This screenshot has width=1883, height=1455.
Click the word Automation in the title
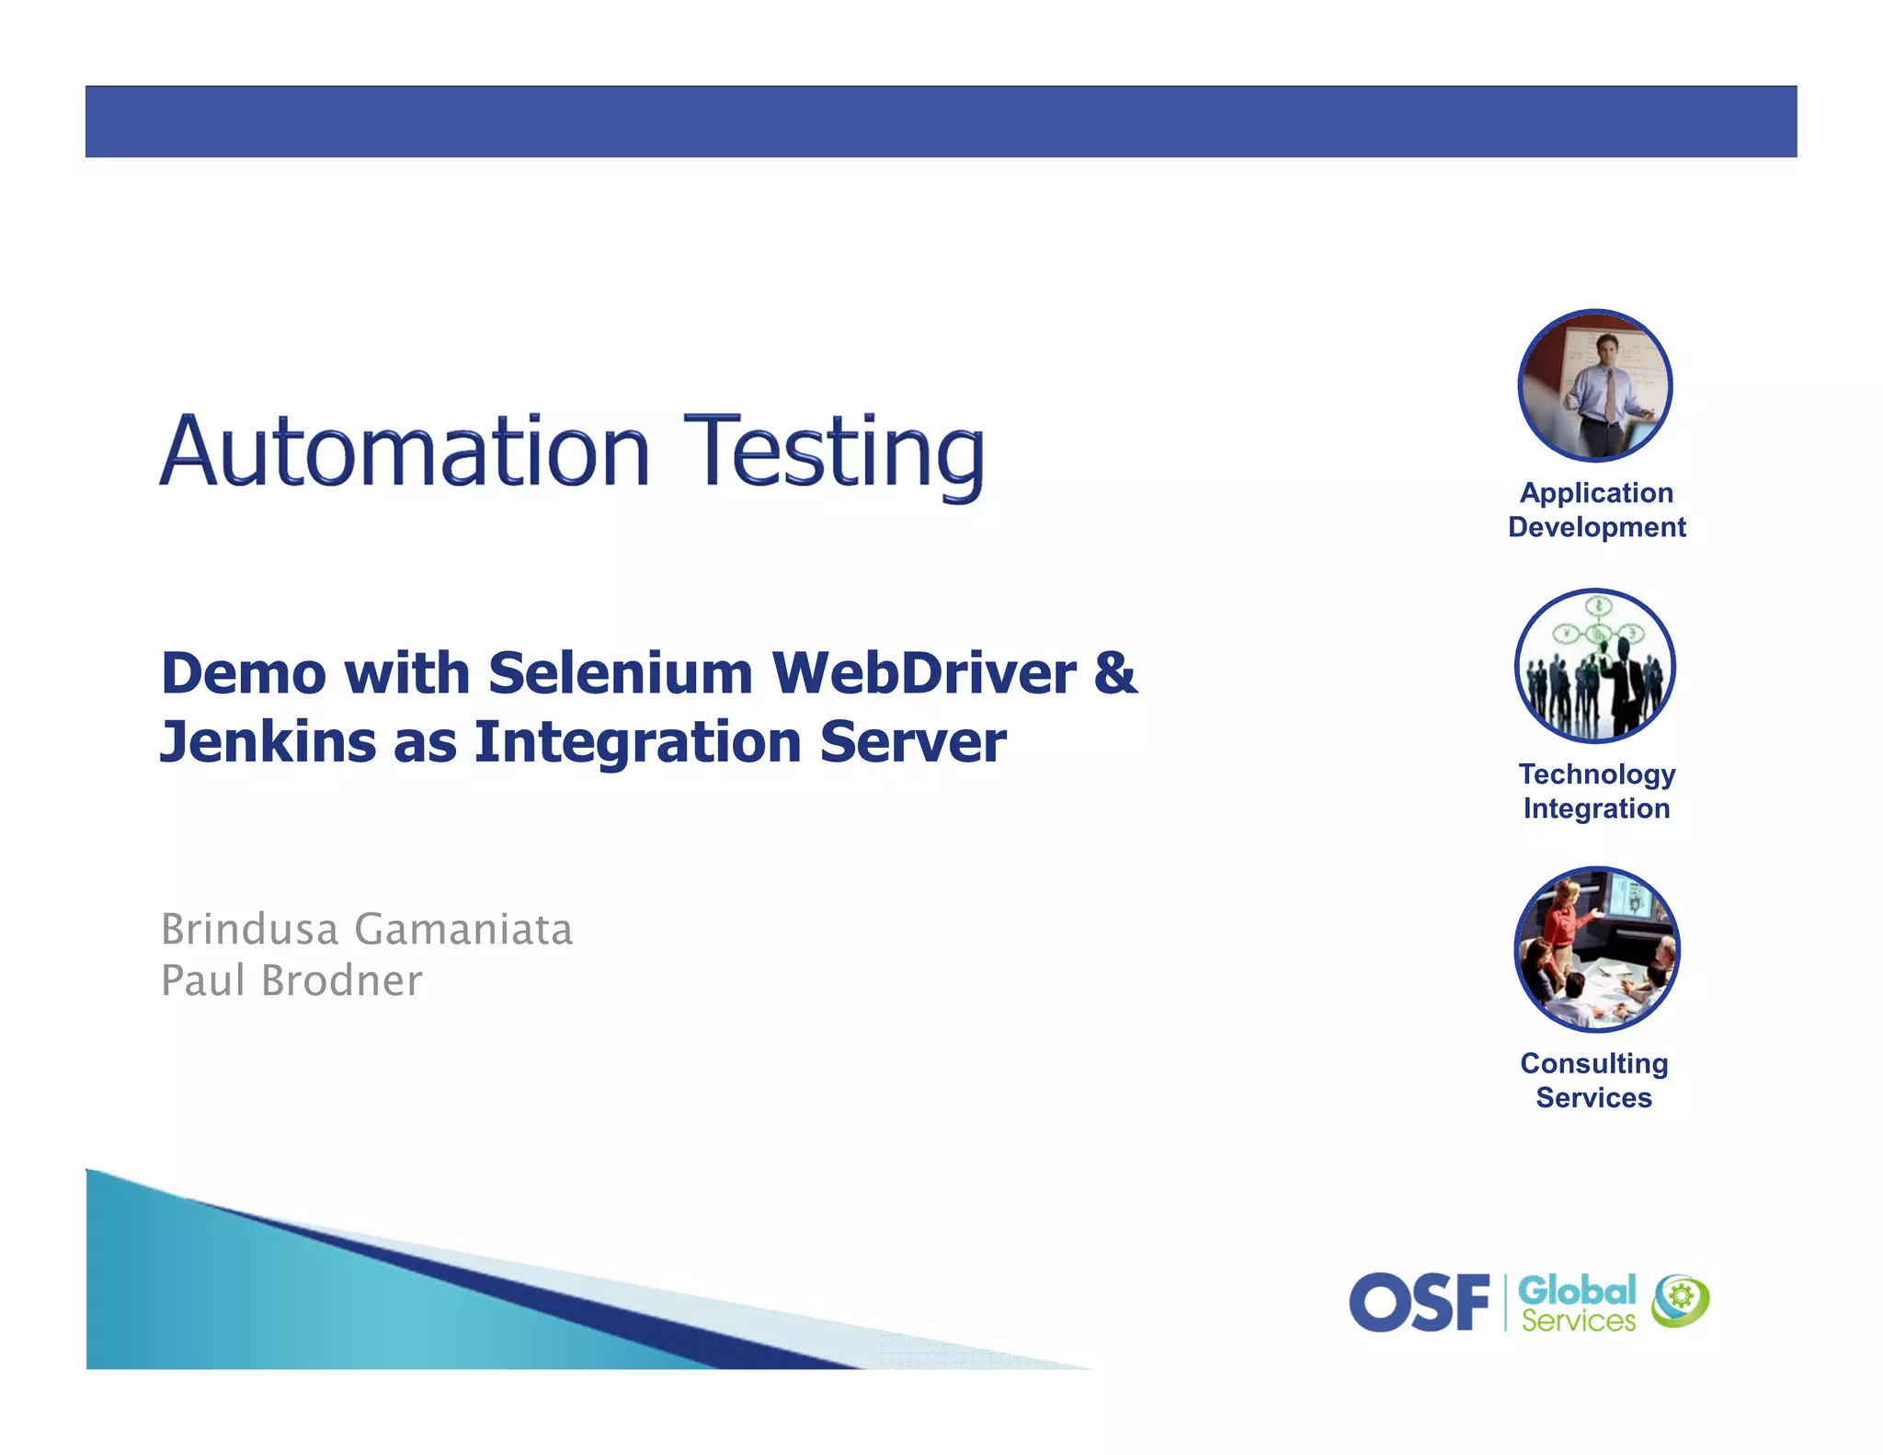pos(405,452)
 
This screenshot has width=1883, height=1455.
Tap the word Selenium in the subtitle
pos(621,673)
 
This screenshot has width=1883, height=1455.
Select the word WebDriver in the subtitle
pos(923,673)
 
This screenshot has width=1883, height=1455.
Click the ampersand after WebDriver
pos(1115,673)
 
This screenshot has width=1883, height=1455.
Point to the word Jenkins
pos(268,742)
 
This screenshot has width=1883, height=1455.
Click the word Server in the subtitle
pos(912,742)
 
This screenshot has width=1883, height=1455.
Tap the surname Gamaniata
pos(463,929)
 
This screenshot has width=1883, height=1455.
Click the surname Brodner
pos(342,980)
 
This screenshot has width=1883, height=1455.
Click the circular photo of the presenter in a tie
pos(1595,385)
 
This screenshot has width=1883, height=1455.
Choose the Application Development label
pos(1596,510)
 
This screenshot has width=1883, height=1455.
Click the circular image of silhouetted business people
pos(1595,666)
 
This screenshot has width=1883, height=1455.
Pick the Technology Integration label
pos(1596,791)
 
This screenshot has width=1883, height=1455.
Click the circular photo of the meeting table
pos(1596,949)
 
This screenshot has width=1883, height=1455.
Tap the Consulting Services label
pos(1594,1080)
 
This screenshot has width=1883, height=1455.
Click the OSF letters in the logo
pos(1419,1302)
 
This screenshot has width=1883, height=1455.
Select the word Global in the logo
pos(1576,1289)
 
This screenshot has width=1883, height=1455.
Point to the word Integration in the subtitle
pos(637,742)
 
